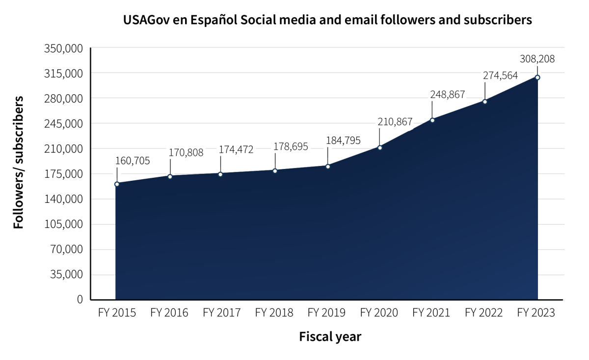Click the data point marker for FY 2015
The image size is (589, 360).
coord(117,184)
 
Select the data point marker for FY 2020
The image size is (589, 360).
coord(380,148)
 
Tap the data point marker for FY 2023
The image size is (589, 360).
coord(537,78)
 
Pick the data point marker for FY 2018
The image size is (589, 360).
coord(275,170)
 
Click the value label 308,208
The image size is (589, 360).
coord(537,59)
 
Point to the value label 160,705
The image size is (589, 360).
coord(133,161)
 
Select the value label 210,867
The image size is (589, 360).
coord(395,122)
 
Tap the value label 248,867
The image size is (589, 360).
coord(448,95)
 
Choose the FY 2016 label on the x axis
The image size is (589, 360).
coord(169,313)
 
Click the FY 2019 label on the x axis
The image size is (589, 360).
coord(326,313)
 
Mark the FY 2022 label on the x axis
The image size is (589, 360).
coord(483,313)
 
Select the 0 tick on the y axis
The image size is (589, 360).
coord(80,299)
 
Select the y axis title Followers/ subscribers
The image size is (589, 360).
coord(19,162)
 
